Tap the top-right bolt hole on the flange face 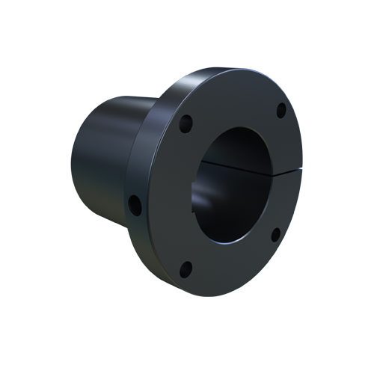[x=281, y=111]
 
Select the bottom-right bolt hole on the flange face [x=275, y=235]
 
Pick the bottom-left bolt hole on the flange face [x=188, y=268]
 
